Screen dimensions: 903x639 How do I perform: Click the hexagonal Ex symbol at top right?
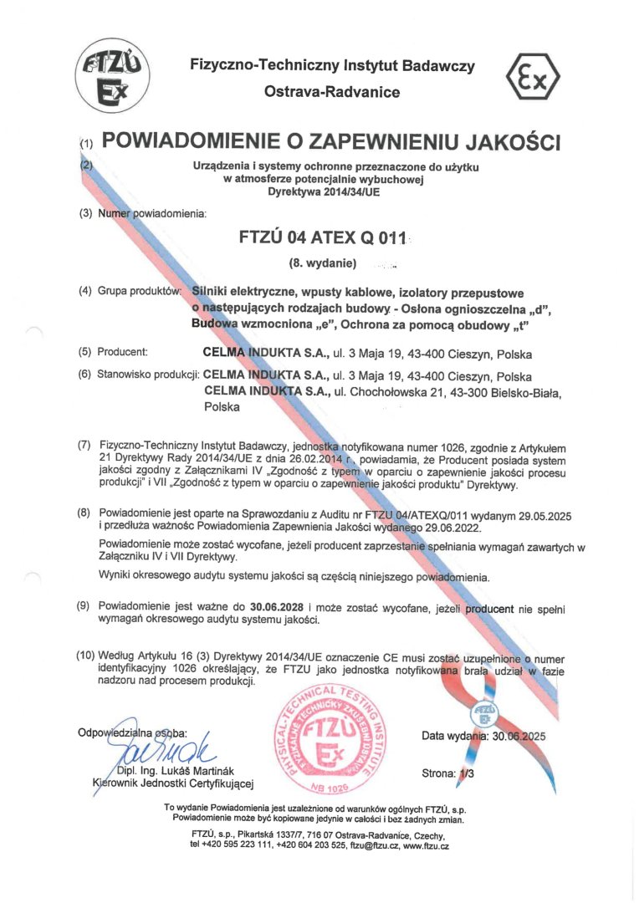532,78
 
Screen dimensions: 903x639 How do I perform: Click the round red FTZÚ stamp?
333,737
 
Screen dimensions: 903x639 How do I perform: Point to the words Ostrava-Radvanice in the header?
331,92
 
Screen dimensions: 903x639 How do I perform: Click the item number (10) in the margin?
85,656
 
